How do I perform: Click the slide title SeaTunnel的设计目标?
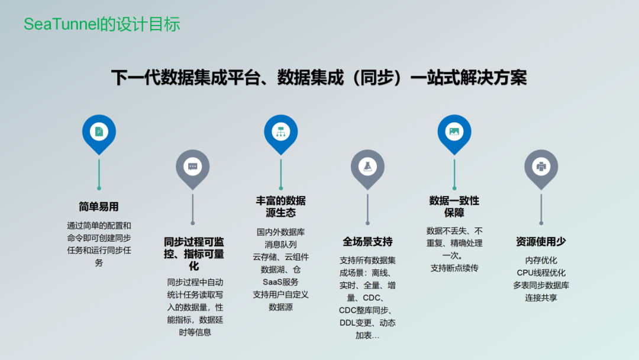coord(102,24)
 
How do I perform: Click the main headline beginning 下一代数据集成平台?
coord(319,78)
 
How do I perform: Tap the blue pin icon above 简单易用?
coord(99,131)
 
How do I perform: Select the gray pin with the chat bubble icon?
coord(192,166)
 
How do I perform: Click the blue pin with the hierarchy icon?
coord(280,131)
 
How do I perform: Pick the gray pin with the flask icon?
coord(367,166)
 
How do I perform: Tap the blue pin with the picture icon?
coord(454,131)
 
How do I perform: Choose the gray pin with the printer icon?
coord(541,166)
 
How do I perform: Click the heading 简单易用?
coord(99,207)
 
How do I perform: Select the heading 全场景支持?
coord(367,242)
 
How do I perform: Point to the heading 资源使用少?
coord(541,242)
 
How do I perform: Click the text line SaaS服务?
coord(280,282)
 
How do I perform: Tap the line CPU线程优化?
coord(541,272)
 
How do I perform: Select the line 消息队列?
coord(280,244)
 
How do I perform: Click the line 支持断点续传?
coord(454,268)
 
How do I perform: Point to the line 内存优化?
coord(541,260)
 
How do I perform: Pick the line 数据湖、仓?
coord(280,269)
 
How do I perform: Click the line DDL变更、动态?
coord(367,323)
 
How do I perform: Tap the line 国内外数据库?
coord(280,232)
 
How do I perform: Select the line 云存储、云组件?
coord(280,256)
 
